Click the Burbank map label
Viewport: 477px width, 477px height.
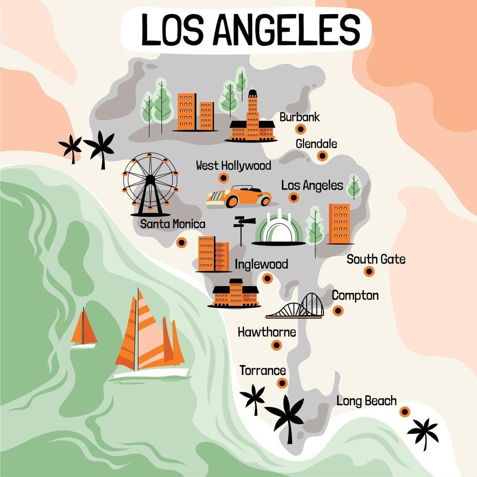click(299, 117)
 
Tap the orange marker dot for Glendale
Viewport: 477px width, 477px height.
click(322, 156)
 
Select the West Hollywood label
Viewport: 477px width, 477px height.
click(233, 165)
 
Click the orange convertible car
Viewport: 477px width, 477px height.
click(238, 196)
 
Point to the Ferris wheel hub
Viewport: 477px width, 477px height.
click(150, 180)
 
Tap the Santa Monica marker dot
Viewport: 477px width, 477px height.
click(182, 242)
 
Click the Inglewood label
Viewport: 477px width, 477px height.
click(261, 264)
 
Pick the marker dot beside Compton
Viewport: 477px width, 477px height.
click(338, 311)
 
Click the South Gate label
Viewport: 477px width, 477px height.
click(376, 259)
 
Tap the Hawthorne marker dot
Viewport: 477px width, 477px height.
click(276, 345)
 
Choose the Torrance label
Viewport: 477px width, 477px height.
click(263, 370)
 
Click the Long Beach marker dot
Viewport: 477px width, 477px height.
click(404, 412)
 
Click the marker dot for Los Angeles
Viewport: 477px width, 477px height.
click(294, 198)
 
